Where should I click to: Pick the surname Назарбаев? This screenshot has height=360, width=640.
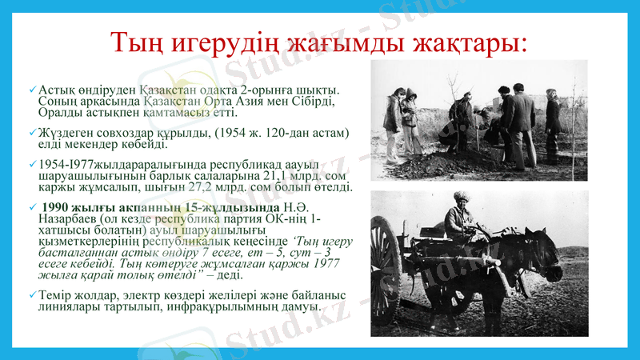click(70, 220)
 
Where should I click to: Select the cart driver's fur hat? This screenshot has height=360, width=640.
click(463, 197)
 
